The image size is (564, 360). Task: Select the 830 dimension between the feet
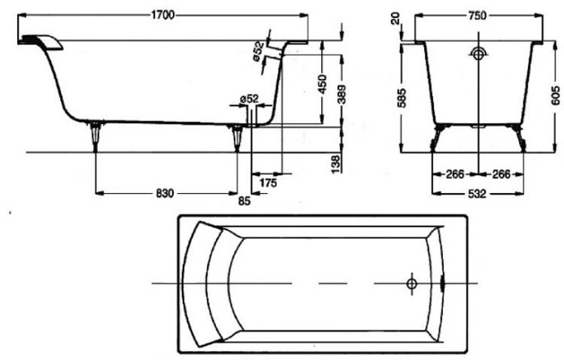pyautogui.click(x=165, y=193)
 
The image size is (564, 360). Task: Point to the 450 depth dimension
pyautogui.click(x=322, y=83)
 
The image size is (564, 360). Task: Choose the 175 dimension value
pyautogui.click(x=268, y=183)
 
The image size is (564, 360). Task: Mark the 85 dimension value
pyautogui.click(x=244, y=201)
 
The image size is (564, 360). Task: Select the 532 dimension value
pyautogui.click(x=475, y=193)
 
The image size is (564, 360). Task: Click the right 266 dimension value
pyautogui.click(x=499, y=174)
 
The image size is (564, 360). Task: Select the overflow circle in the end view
pyautogui.click(x=478, y=54)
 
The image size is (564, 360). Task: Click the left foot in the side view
pyautogui.click(x=96, y=135)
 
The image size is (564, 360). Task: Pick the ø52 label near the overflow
pyautogui.click(x=259, y=50)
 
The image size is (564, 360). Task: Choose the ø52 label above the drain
pyautogui.click(x=249, y=99)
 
